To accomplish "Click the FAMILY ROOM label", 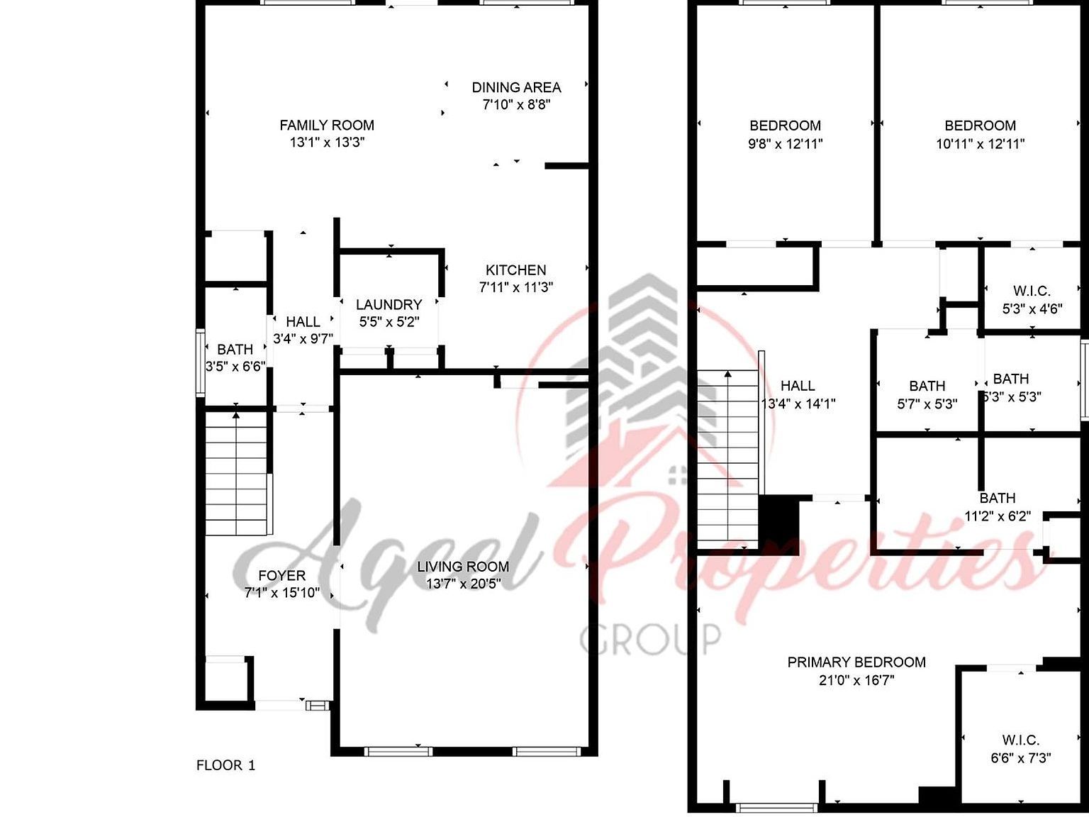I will click(x=327, y=126).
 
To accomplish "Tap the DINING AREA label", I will click(x=516, y=87).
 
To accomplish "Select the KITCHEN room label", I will click(x=515, y=270).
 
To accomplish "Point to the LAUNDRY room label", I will click(x=389, y=304).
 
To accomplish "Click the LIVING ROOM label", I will click(x=462, y=567).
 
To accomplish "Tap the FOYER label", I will click(x=281, y=576).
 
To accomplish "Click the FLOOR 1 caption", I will click(x=225, y=765).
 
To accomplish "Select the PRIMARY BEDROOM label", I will click(x=856, y=662).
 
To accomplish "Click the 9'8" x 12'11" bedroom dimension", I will click(x=786, y=144).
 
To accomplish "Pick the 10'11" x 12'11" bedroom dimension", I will click(x=980, y=144).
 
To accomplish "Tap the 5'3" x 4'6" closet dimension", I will click(x=1032, y=309).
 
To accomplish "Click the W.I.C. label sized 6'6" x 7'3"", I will click(x=1021, y=740).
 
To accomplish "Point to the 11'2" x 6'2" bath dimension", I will click(x=998, y=516).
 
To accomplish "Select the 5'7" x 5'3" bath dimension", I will click(x=927, y=404).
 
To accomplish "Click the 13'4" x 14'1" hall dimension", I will click(x=798, y=404).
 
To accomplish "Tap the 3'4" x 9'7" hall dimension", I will click(x=303, y=339).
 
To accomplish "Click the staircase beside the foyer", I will click(x=236, y=475).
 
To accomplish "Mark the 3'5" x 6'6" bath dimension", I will click(x=235, y=367).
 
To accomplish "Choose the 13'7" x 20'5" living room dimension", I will click(x=462, y=584).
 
